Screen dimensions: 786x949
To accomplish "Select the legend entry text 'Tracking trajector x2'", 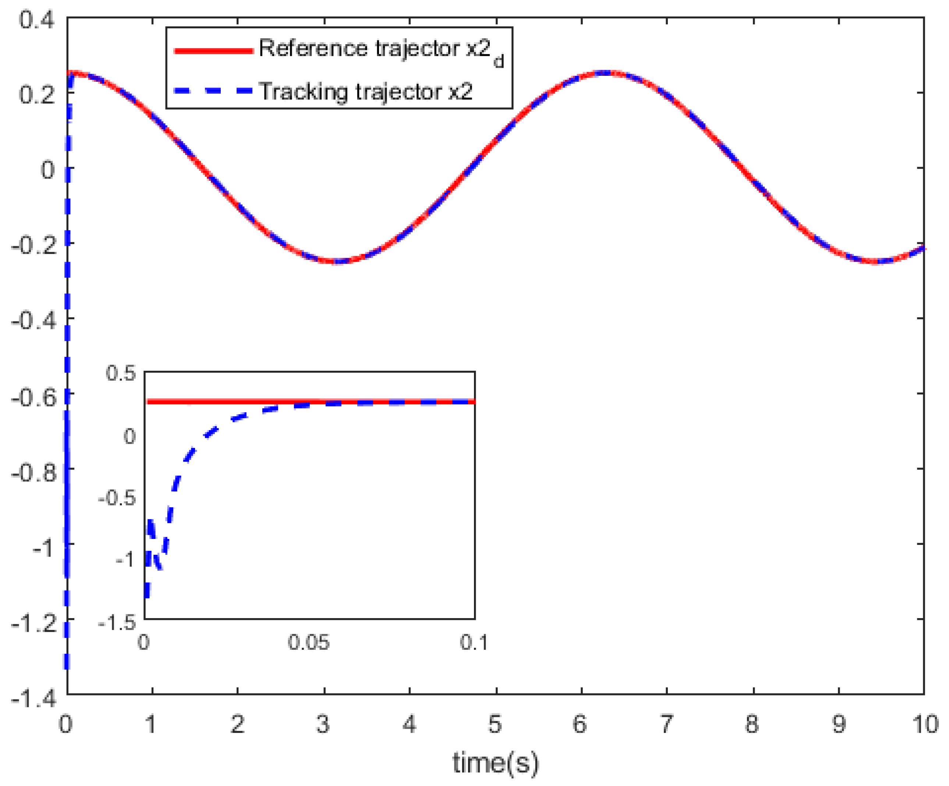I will [x=366, y=91].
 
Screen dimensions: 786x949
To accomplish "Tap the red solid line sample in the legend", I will [x=213, y=51].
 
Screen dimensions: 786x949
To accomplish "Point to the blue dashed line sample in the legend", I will [x=213, y=91].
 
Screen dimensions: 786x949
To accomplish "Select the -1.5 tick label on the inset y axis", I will [x=117, y=623].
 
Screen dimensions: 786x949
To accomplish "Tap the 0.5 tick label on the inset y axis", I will [x=121, y=374].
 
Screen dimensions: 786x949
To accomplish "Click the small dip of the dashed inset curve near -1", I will [x=160, y=568].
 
